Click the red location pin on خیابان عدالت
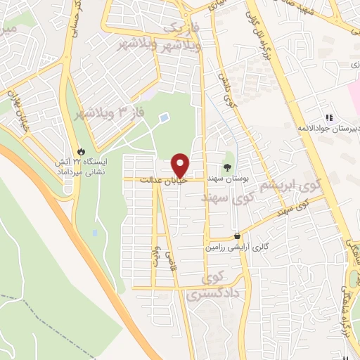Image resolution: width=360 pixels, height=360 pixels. click(x=180, y=165)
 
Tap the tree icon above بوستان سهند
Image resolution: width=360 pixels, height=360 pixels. click(x=227, y=167)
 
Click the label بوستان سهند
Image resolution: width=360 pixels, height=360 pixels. click(x=227, y=180)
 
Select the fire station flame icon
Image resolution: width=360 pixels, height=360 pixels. click(x=82, y=151)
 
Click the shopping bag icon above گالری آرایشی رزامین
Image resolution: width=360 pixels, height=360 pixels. click(x=238, y=236)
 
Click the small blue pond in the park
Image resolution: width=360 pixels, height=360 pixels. click(x=164, y=117)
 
